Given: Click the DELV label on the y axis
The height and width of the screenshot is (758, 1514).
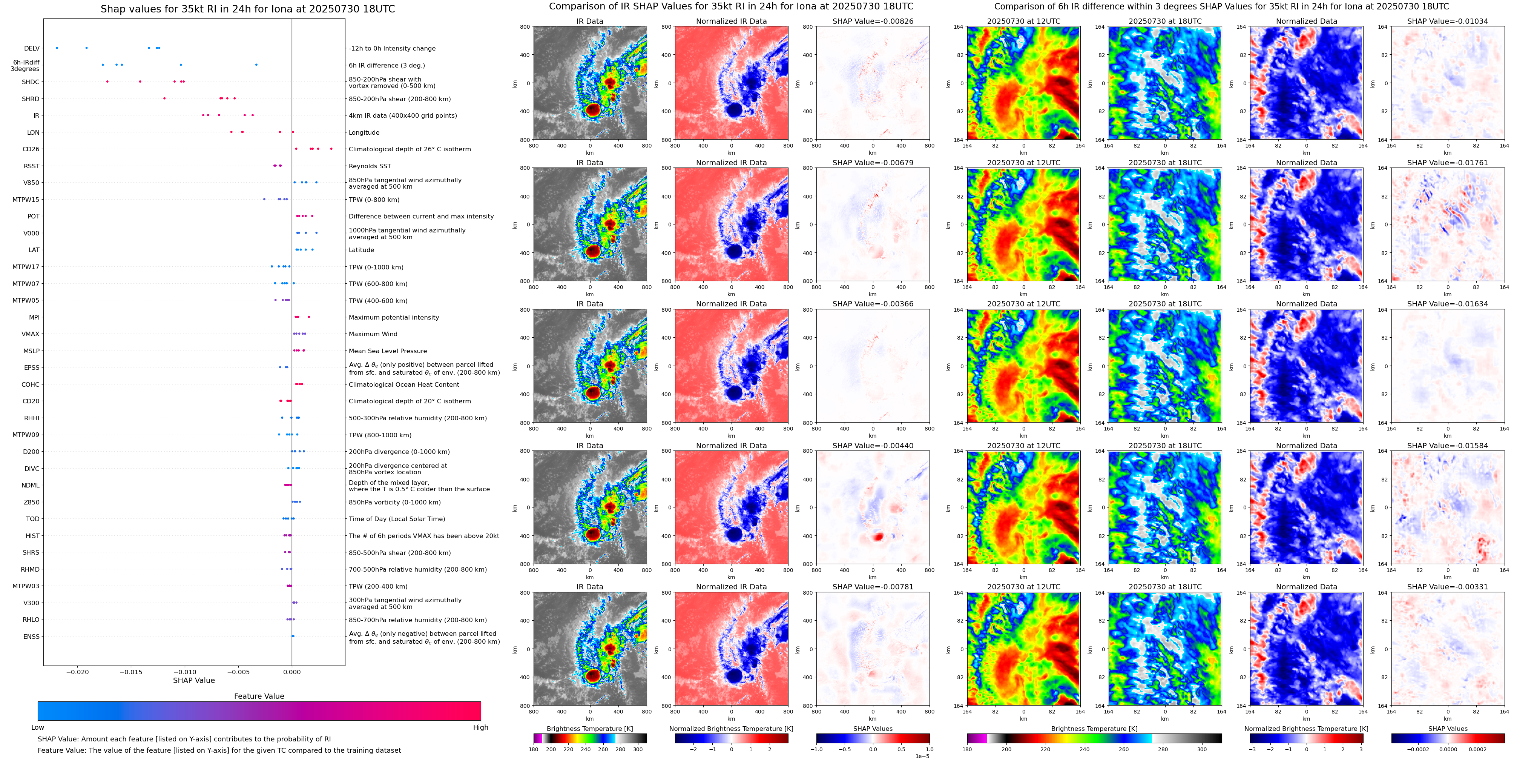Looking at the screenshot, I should (x=32, y=49).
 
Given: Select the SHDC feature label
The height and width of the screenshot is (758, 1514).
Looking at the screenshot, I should (x=31, y=82).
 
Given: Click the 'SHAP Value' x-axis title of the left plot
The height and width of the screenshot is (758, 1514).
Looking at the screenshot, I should (x=193, y=680).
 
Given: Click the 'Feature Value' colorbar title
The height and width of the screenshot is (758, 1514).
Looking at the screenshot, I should (x=259, y=696).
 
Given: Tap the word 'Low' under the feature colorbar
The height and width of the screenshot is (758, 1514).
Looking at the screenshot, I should (x=38, y=727).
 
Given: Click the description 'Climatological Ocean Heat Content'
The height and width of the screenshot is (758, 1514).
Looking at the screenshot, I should (x=404, y=384).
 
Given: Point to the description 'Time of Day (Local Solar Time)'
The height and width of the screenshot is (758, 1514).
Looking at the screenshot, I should (x=397, y=519).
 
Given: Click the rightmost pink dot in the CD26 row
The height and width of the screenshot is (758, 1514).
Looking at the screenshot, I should (x=331, y=149).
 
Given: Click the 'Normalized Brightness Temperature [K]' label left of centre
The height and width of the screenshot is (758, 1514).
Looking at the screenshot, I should (x=731, y=729).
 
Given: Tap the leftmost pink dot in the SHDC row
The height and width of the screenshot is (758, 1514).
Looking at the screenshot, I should (x=107, y=82).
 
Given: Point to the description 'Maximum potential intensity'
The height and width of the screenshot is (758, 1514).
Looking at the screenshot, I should (x=394, y=318).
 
